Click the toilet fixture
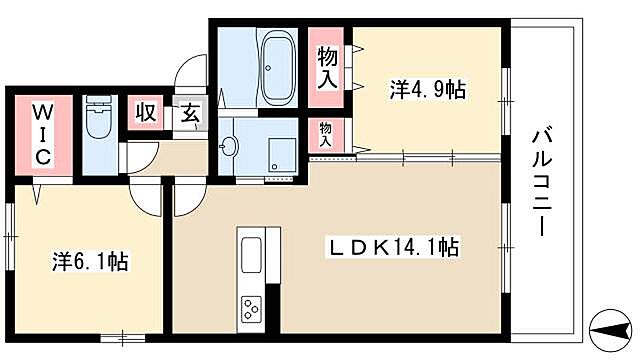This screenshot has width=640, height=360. [98, 122]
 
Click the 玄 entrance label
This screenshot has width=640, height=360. [190, 114]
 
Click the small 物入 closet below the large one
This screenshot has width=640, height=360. [326, 133]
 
